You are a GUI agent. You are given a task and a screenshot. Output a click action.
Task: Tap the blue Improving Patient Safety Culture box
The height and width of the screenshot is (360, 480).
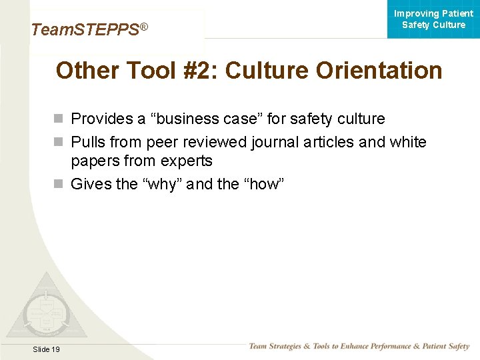(x=433, y=19)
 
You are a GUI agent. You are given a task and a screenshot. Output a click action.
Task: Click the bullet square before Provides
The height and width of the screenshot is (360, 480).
(x=59, y=119)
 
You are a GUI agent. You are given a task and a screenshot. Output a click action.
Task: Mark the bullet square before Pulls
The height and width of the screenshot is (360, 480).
(x=59, y=142)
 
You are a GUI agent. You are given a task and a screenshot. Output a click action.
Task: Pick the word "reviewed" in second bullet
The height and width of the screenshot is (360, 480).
(x=214, y=142)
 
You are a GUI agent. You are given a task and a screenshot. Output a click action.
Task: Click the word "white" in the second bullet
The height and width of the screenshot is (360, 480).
(x=407, y=142)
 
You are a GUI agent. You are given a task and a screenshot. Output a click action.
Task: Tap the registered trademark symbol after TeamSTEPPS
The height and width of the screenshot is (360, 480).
(x=143, y=27)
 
